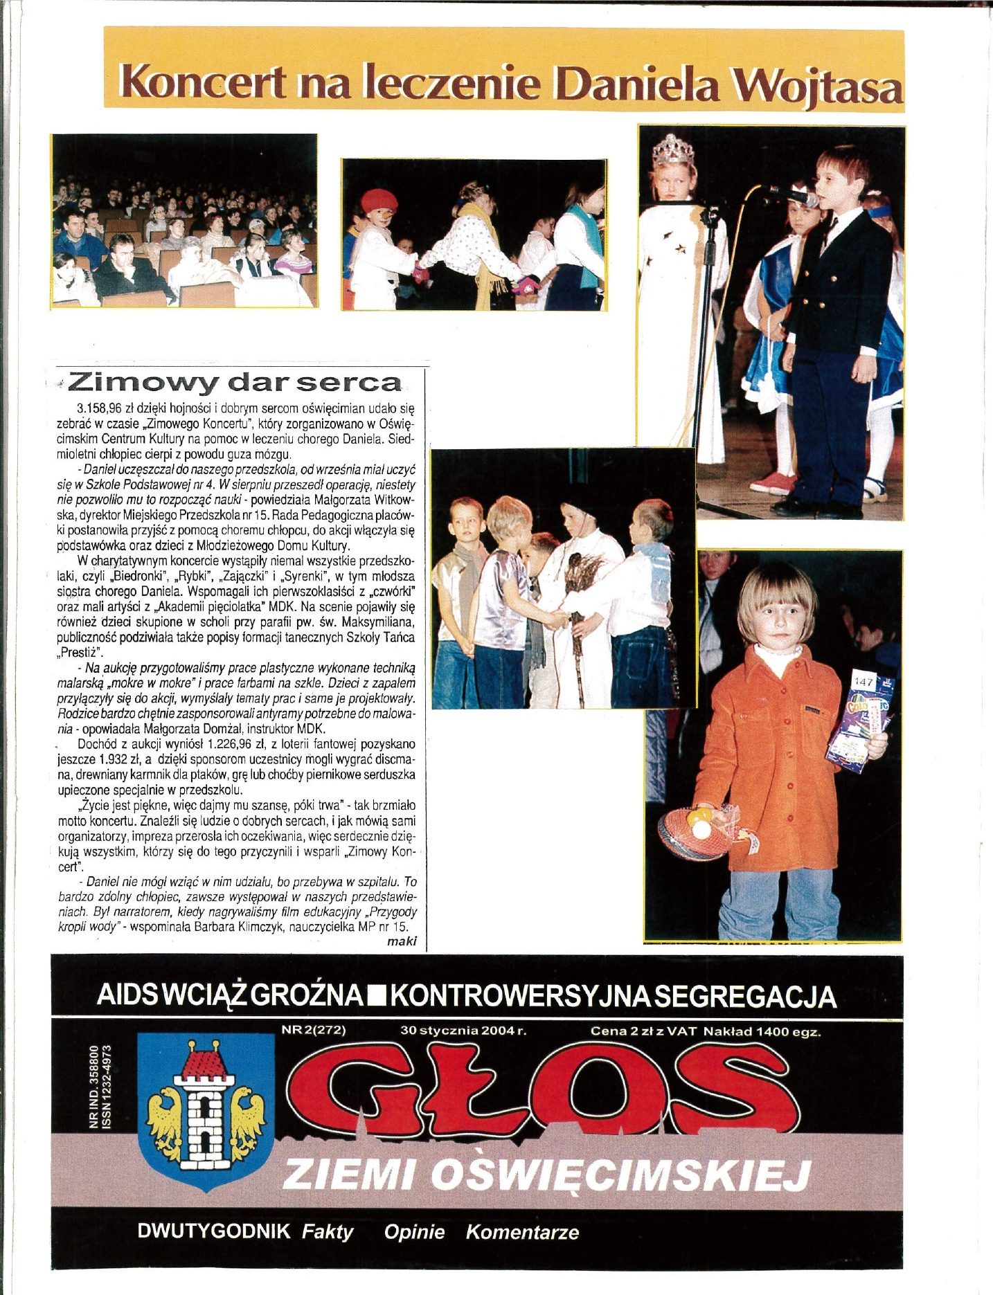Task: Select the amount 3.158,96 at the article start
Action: pyautogui.click(x=102, y=409)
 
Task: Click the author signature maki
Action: pyautogui.click(x=402, y=941)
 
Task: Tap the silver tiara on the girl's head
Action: pyautogui.click(x=673, y=150)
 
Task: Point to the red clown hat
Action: pyautogui.click(x=379, y=201)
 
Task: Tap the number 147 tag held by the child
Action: pyautogui.click(x=864, y=682)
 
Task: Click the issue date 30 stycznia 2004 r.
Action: pyautogui.click(x=464, y=1031)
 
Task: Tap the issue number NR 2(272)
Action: pyautogui.click(x=314, y=1030)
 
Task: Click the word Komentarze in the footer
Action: pyautogui.click(x=522, y=1232)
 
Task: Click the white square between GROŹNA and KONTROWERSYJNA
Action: pyautogui.click(x=378, y=997)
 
